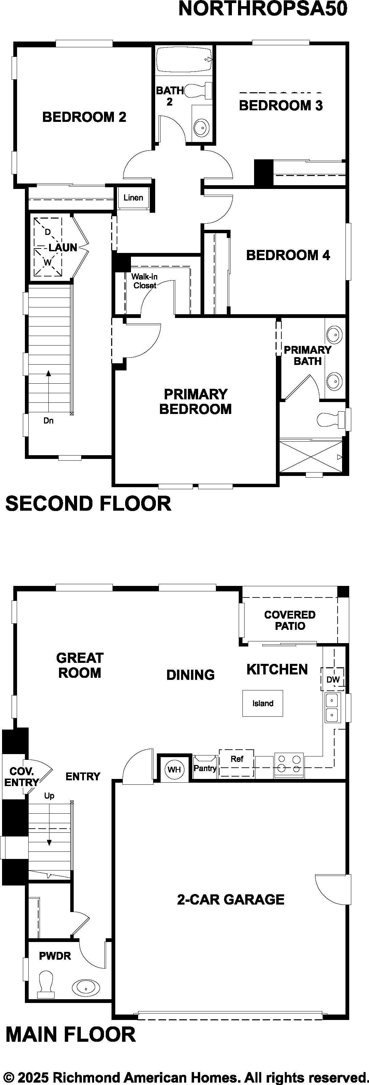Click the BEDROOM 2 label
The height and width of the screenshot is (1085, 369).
click(x=84, y=117)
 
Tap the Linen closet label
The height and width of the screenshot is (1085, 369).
click(x=133, y=197)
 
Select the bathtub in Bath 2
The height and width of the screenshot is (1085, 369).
click(x=184, y=60)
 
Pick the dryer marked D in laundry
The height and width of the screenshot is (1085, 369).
click(x=48, y=232)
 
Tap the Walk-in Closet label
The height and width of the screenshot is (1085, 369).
click(x=144, y=281)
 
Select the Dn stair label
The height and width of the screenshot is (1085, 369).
click(x=48, y=420)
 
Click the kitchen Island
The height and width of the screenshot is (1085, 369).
click(x=263, y=703)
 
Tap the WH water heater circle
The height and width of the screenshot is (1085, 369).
click(x=174, y=769)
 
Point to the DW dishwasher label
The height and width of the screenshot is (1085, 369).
click(x=333, y=680)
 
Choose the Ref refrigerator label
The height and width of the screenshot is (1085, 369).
click(x=237, y=759)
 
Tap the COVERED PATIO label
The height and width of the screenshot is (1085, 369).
click(x=290, y=620)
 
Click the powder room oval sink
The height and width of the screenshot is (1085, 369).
click(x=86, y=986)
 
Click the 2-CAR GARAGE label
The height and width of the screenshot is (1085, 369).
click(x=231, y=899)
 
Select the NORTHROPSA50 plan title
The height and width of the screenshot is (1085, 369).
click(x=263, y=9)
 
